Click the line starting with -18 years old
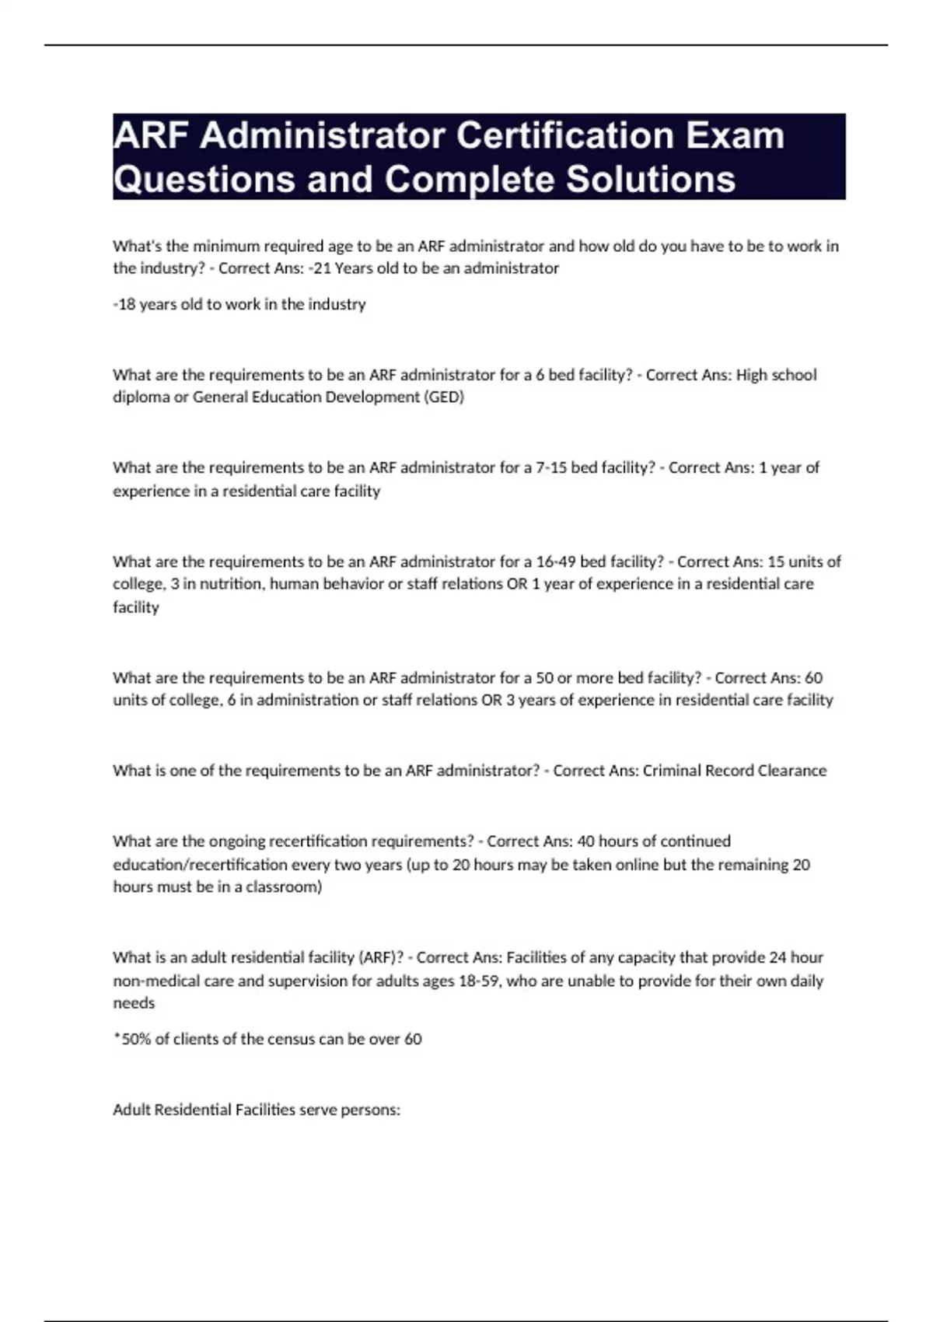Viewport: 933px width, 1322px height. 239,304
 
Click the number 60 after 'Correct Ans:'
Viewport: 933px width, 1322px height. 813,677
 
